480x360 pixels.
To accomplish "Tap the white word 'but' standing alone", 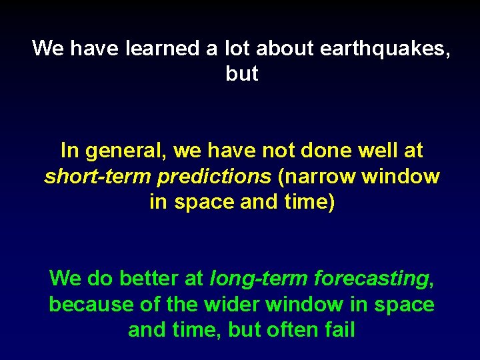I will pos(242,74).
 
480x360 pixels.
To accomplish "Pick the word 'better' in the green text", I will pos(151,278).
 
